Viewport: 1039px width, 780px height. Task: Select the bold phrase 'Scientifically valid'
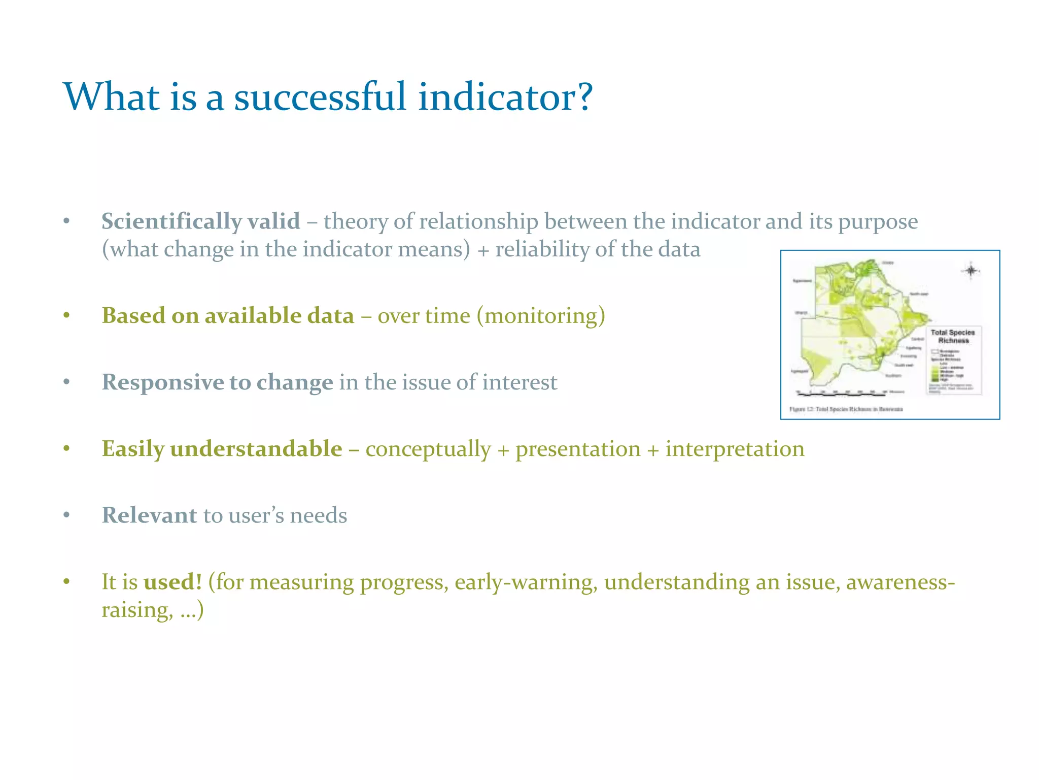point(200,221)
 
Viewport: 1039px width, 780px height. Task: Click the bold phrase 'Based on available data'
point(228,316)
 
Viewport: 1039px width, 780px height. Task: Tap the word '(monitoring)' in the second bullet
point(540,316)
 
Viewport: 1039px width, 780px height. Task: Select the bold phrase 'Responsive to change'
point(217,382)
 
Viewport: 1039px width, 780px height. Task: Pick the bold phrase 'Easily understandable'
point(222,449)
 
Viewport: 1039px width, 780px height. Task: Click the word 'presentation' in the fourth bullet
point(578,449)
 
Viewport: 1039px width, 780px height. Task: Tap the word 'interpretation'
point(735,449)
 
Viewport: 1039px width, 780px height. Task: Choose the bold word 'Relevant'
point(149,515)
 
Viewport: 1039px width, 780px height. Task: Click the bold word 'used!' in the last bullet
point(172,582)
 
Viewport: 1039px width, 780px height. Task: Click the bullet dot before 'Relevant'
point(66,515)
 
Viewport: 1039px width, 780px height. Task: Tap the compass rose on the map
point(971,271)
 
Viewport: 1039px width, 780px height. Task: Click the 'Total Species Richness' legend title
point(953,336)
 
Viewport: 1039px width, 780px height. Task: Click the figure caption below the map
point(846,409)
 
